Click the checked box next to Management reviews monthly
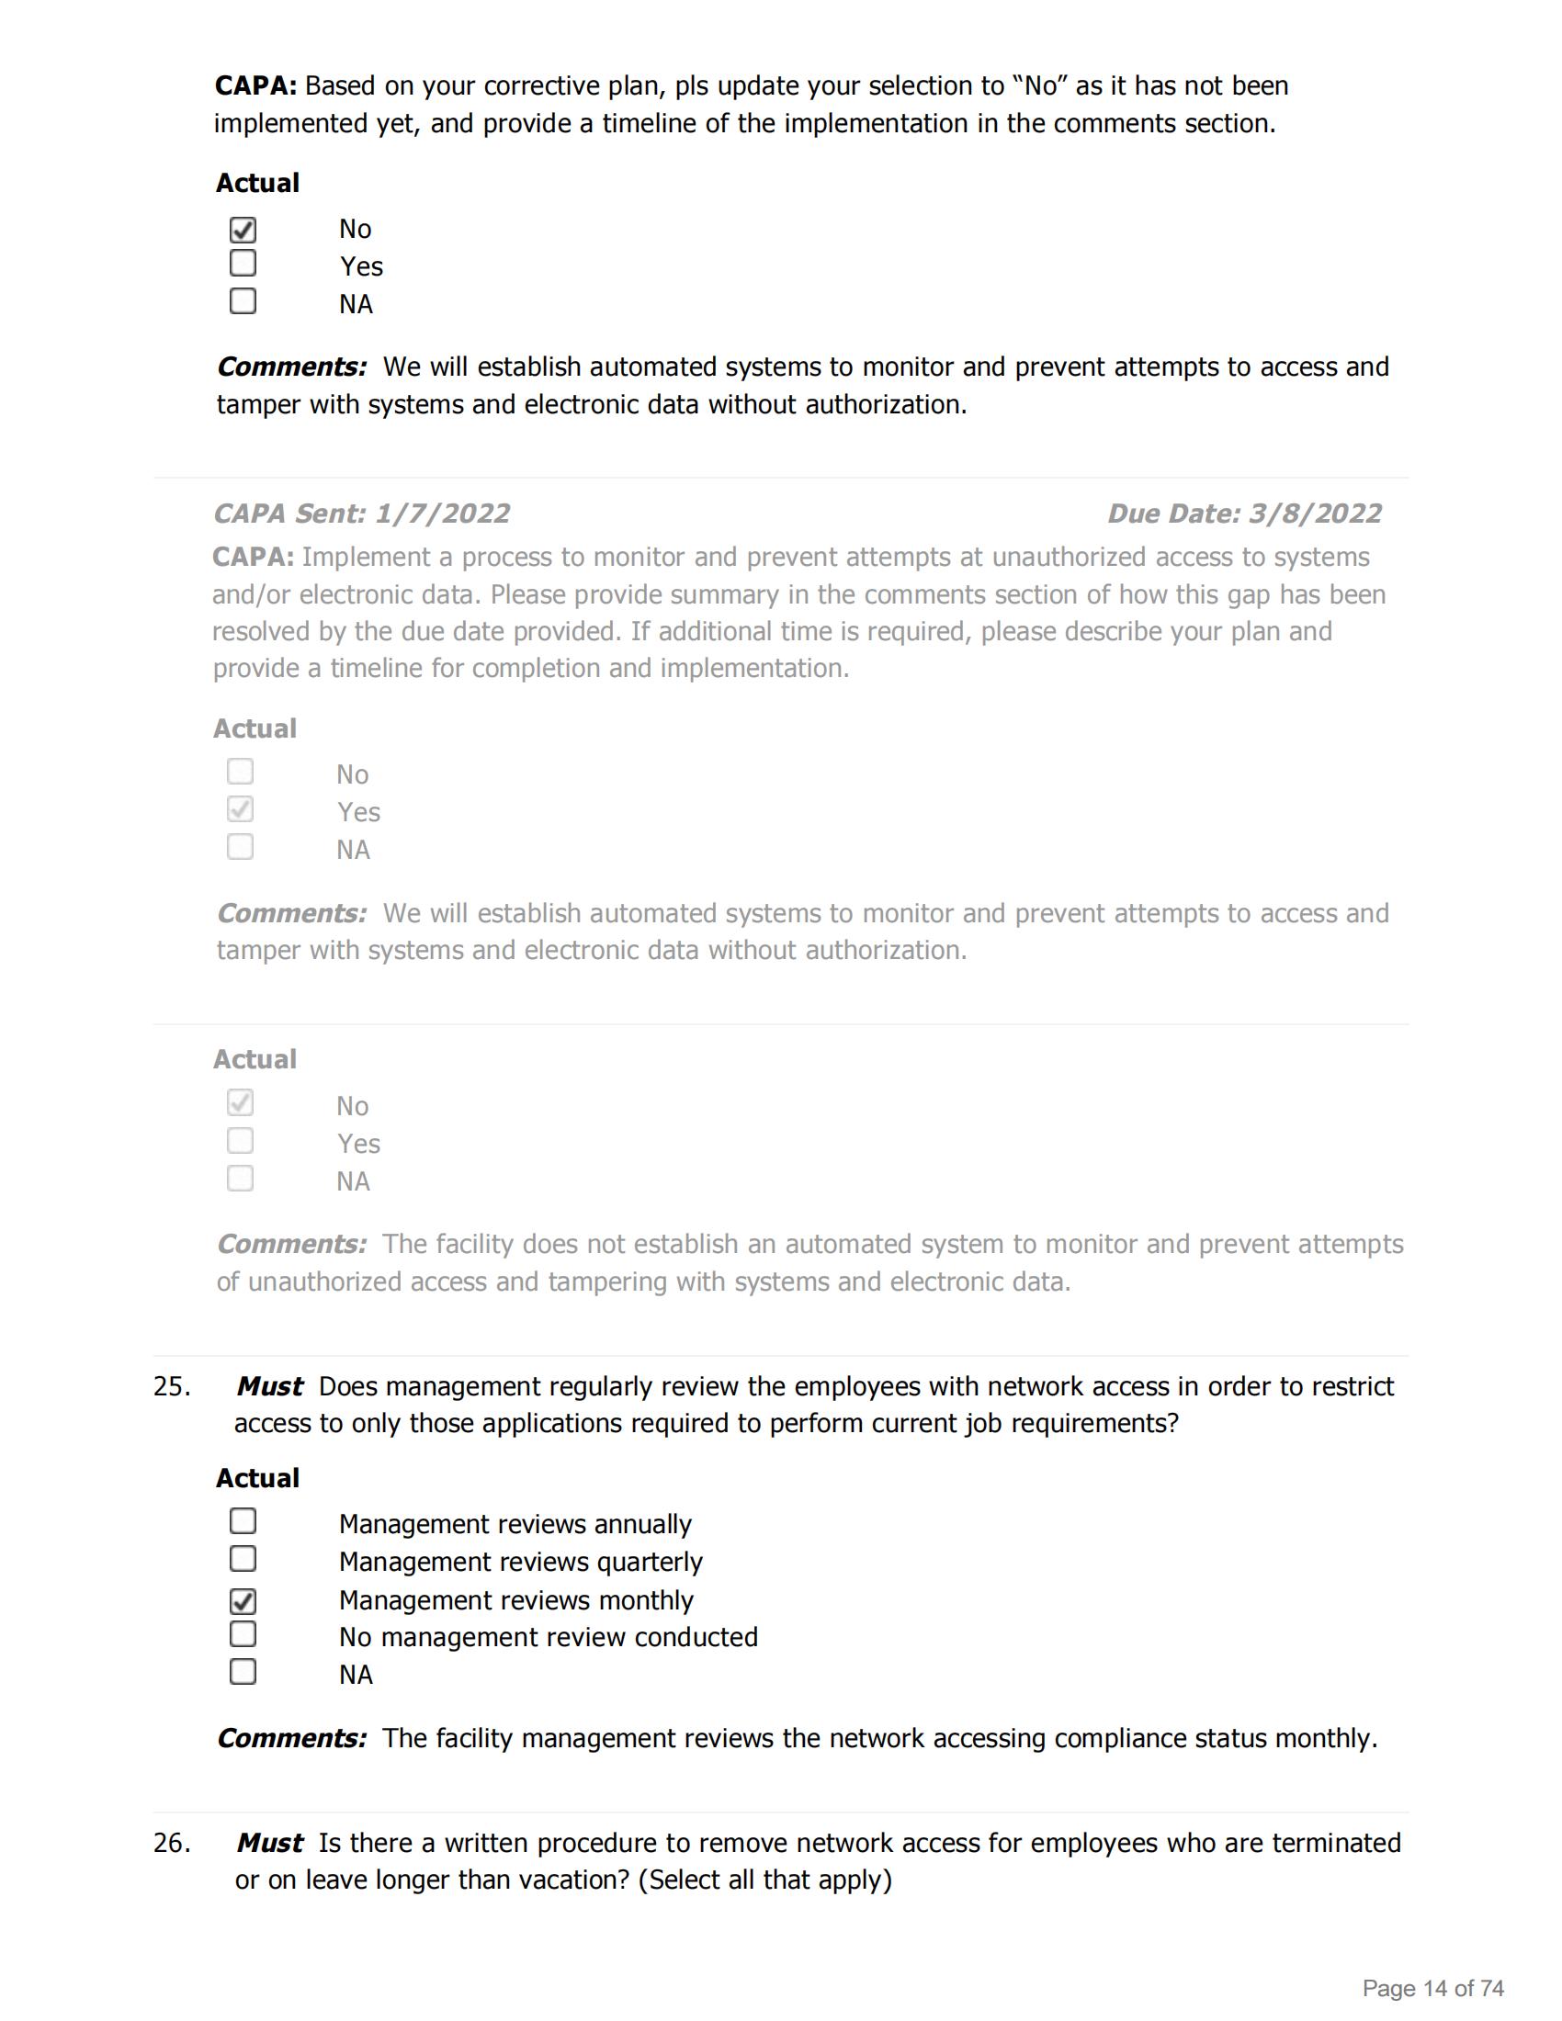coord(243,1601)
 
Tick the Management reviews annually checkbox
coord(243,1521)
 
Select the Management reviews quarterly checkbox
coord(243,1559)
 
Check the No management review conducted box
coord(243,1634)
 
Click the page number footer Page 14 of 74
coord(1432,1988)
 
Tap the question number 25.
coord(172,1386)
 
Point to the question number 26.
coord(172,1843)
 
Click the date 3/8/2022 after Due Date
coord(1315,514)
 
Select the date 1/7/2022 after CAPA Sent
coord(442,514)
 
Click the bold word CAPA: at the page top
coord(255,86)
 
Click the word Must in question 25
coord(269,1386)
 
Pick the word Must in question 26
coord(269,1843)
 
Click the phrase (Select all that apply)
coord(764,1880)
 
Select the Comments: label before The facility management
coord(291,1738)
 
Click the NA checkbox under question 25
coord(243,1672)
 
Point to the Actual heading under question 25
coord(257,1478)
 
